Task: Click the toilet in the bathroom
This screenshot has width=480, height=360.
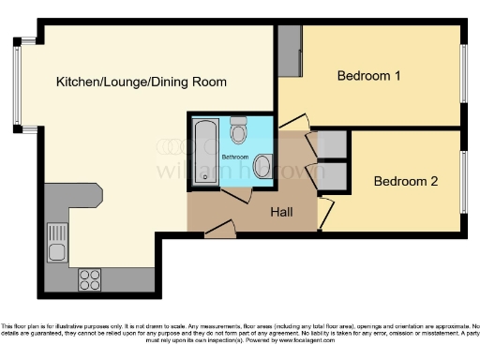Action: pyautogui.click(x=238, y=126)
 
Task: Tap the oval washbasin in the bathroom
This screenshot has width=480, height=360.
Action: pyautogui.click(x=262, y=167)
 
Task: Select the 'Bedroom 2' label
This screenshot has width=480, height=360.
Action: pyautogui.click(x=405, y=182)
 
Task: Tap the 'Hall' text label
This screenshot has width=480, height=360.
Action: pyautogui.click(x=281, y=213)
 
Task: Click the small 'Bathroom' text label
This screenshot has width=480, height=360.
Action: pyautogui.click(x=235, y=156)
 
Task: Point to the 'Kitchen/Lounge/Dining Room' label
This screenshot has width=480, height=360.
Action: pyautogui.click(x=141, y=82)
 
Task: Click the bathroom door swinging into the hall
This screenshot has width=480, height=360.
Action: pyautogui.click(x=231, y=188)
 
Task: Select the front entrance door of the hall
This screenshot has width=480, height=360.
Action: pyautogui.click(x=220, y=226)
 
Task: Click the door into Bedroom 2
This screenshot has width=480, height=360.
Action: pyautogui.click(x=323, y=212)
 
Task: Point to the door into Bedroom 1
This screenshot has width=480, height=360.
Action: pyautogui.click(x=294, y=123)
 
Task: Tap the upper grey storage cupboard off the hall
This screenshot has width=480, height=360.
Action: pyautogui.click(x=333, y=145)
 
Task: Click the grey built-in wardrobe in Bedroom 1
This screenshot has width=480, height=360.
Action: pyautogui.click(x=288, y=51)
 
